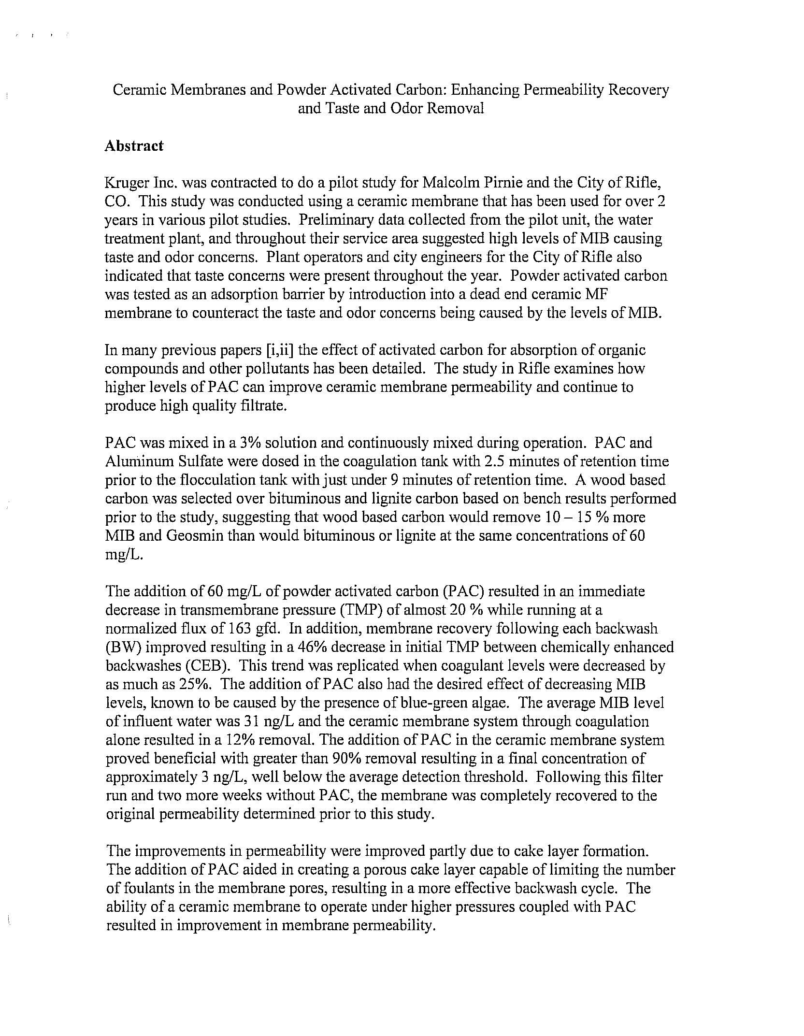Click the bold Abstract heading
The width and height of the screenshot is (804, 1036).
134,146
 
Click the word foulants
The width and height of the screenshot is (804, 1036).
150,889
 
